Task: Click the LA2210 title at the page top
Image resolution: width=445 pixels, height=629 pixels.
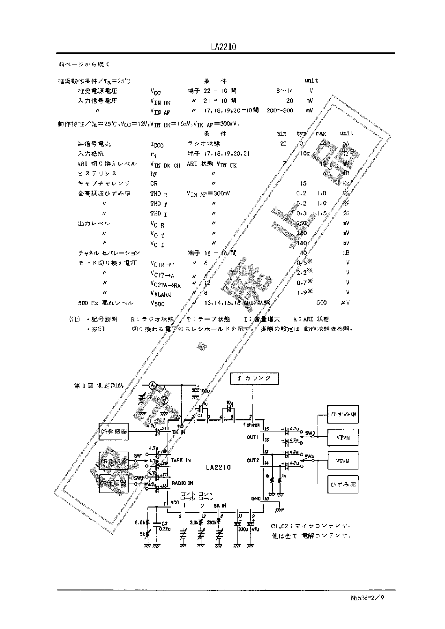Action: [223, 47]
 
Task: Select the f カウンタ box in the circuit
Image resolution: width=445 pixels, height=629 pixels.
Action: [255, 378]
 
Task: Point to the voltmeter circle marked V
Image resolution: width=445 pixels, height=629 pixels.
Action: [166, 400]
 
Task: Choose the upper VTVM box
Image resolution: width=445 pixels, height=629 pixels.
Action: [343, 438]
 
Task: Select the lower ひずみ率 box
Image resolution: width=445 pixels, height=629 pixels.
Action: [343, 484]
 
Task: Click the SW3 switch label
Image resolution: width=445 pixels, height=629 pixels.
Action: [310, 434]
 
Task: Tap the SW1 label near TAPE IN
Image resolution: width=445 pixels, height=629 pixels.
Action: [138, 456]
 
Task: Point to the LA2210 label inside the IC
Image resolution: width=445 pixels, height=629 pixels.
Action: [218, 468]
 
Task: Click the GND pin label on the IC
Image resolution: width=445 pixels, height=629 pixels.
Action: [256, 498]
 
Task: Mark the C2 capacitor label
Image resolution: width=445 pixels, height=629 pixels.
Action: [164, 523]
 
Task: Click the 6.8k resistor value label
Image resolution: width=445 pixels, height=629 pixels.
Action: [140, 522]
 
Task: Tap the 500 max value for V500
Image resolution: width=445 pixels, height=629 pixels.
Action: [321, 303]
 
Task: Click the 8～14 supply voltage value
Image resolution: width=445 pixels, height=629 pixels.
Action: [284, 90]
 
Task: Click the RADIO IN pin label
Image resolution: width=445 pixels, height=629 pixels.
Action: [182, 483]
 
